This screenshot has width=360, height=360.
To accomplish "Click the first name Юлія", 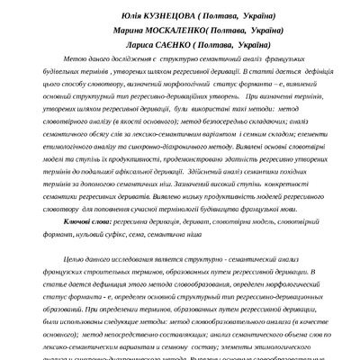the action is pyautogui.click(x=130, y=17).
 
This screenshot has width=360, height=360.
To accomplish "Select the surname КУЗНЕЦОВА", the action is pyautogui.click(x=178, y=17).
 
